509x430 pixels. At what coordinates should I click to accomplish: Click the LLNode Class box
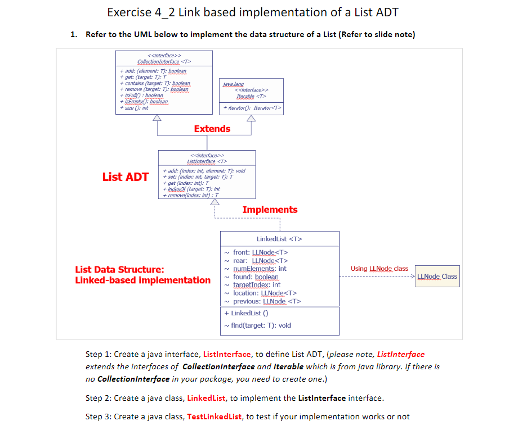pyautogui.click(x=437, y=277)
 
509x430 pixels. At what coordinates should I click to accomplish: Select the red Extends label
pyautogui.click(x=212, y=129)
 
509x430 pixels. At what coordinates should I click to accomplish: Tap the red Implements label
pyautogui.click(x=270, y=210)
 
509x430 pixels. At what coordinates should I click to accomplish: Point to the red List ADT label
pyautogui.click(x=125, y=177)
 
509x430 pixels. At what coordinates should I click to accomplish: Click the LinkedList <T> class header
pyautogui.click(x=279, y=239)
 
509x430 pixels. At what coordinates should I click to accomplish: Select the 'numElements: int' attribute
pyautogui.click(x=259, y=269)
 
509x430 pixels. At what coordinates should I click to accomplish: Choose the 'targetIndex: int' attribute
pyautogui.click(x=256, y=285)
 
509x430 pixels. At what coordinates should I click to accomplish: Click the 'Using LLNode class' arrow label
pyautogui.click(x=379, y=269)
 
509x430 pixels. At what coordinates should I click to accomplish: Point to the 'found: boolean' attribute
pyautogui.click(x=256, y=277)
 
